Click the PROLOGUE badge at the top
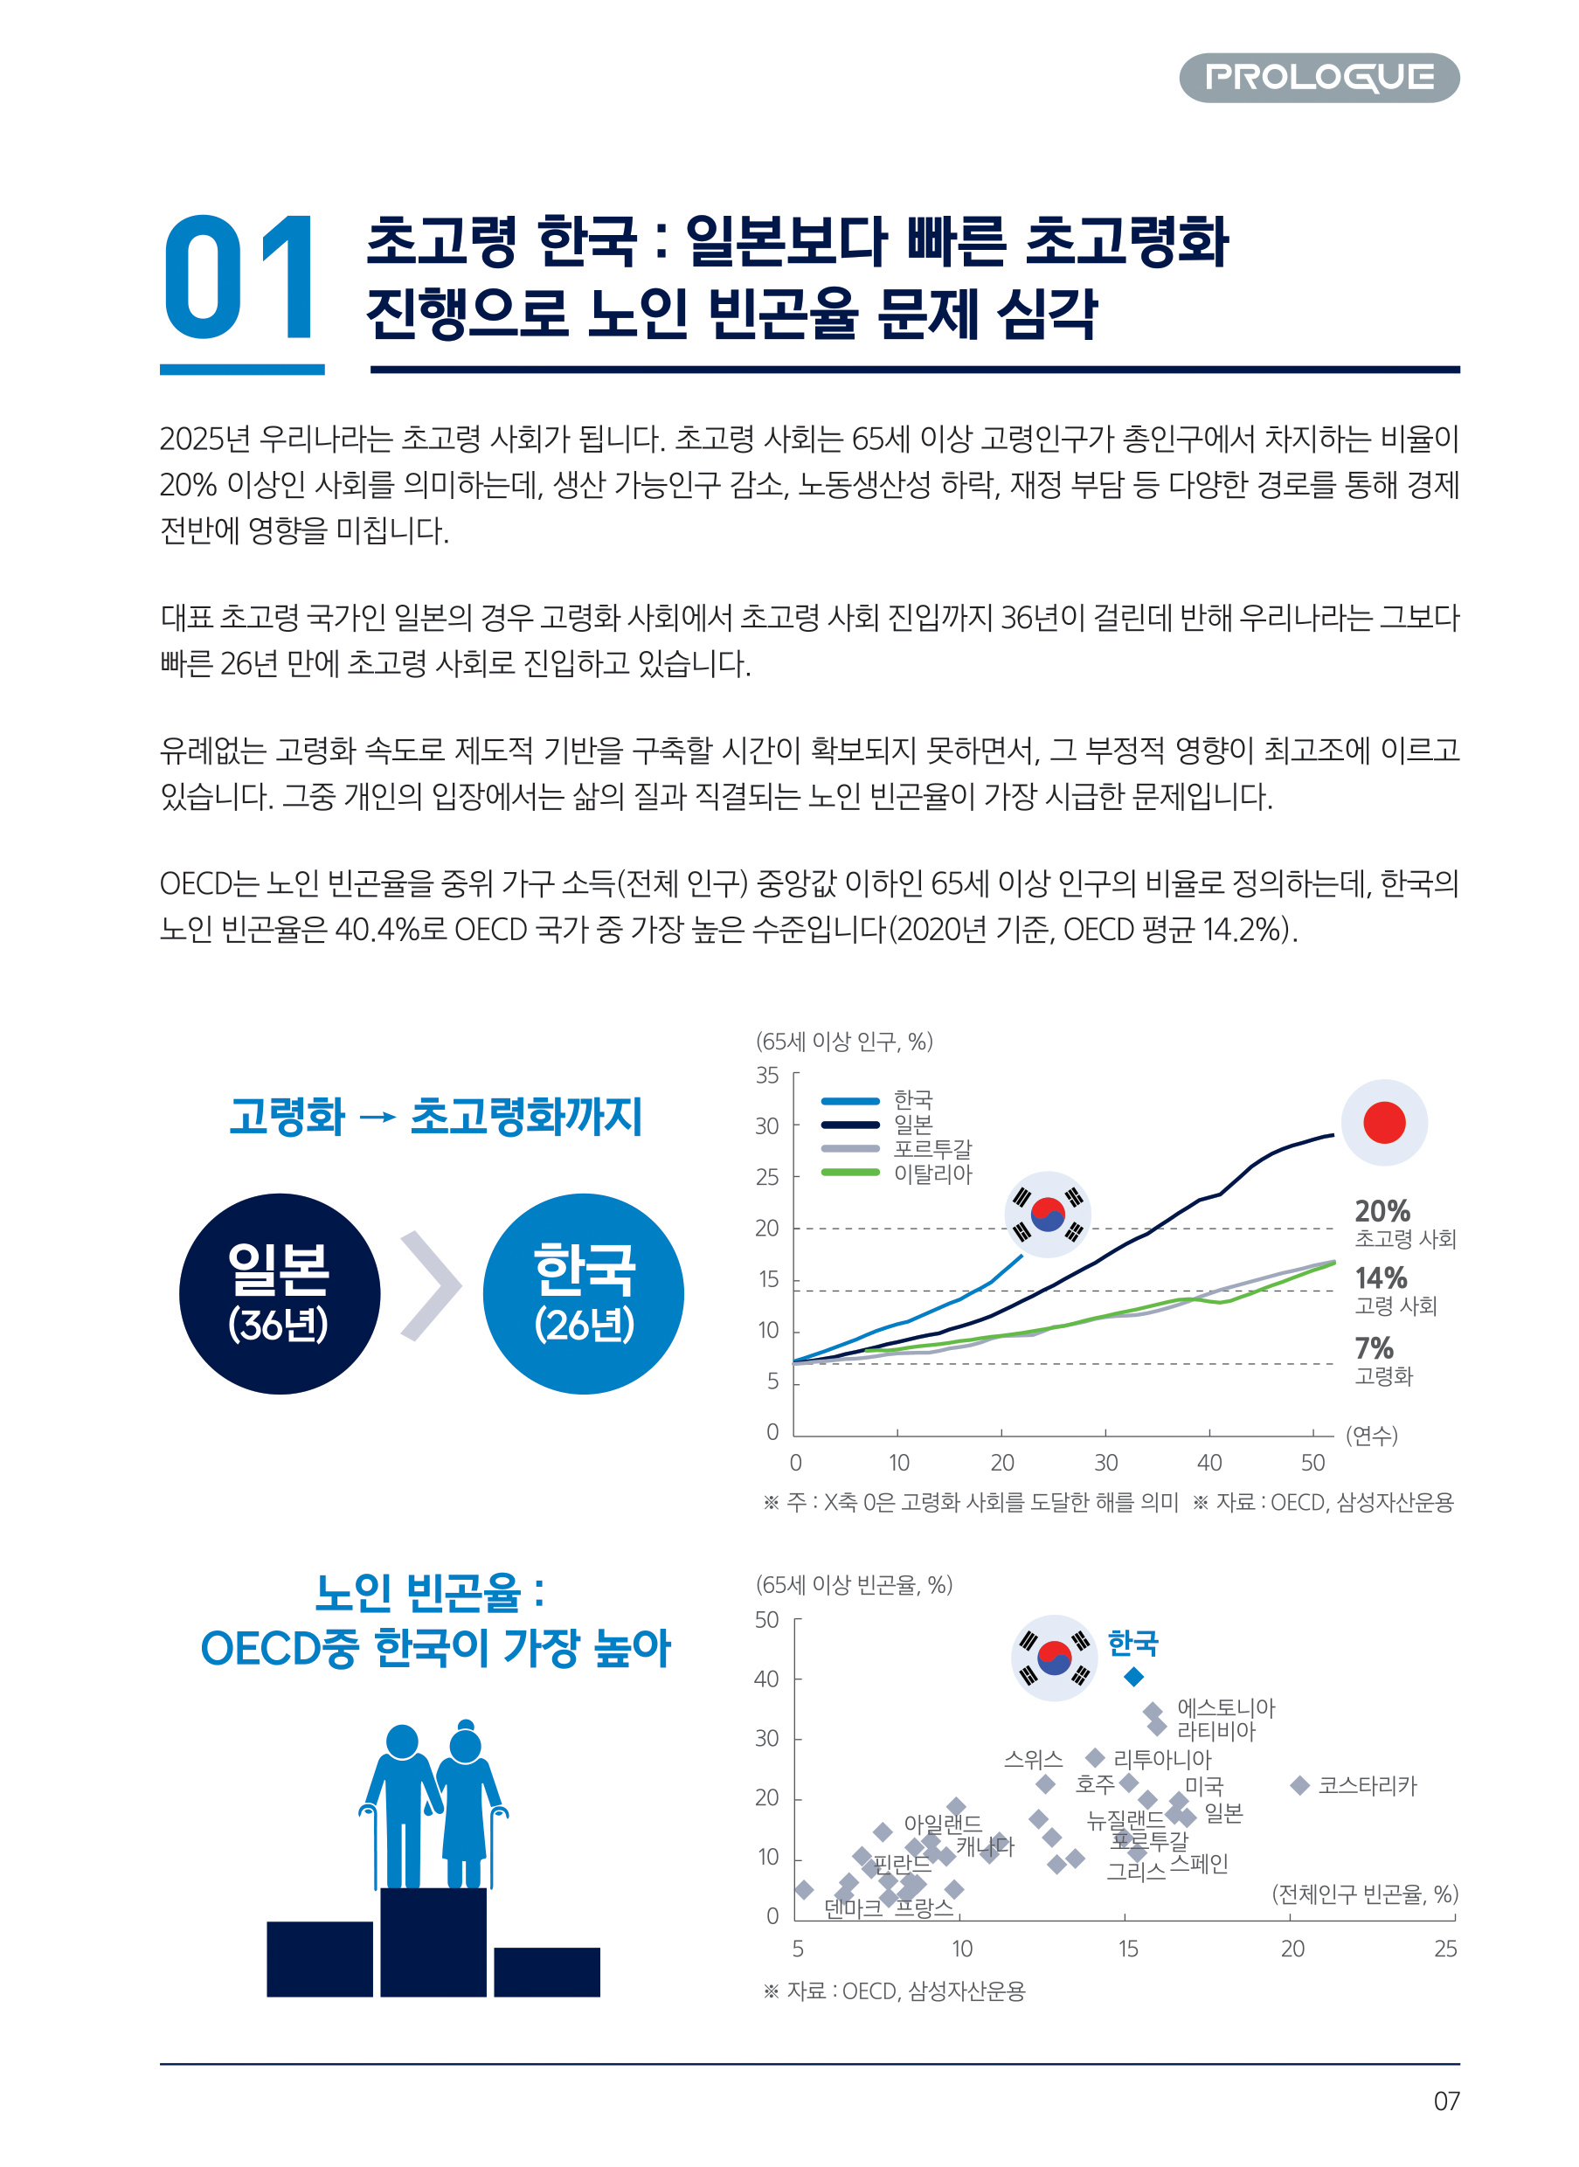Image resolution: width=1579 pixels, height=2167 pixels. pos(1318,78)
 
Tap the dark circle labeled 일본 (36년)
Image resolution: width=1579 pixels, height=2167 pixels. pos(279,1293)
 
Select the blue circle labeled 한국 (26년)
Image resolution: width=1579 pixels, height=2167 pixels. pos(583,1293)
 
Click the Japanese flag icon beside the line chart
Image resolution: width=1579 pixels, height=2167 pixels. pos(1383,1122)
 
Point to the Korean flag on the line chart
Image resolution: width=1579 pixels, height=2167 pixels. pos(1048,1214)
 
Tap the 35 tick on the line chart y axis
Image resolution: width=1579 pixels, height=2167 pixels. pos(767,1076)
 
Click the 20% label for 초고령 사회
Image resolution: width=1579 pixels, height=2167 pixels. pos(1382,1211)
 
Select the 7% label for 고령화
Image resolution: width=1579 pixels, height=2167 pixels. pos(1374,1347)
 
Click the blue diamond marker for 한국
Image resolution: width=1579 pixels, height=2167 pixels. pos(1133,1677)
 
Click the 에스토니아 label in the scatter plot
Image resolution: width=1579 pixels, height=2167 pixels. pos(1225,1708)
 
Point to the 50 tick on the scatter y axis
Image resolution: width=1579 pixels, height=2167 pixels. pos(766,1620)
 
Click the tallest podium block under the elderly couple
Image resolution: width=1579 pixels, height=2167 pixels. pos(433,1942)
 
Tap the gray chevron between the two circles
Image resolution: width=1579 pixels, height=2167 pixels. pos(430,1285)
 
